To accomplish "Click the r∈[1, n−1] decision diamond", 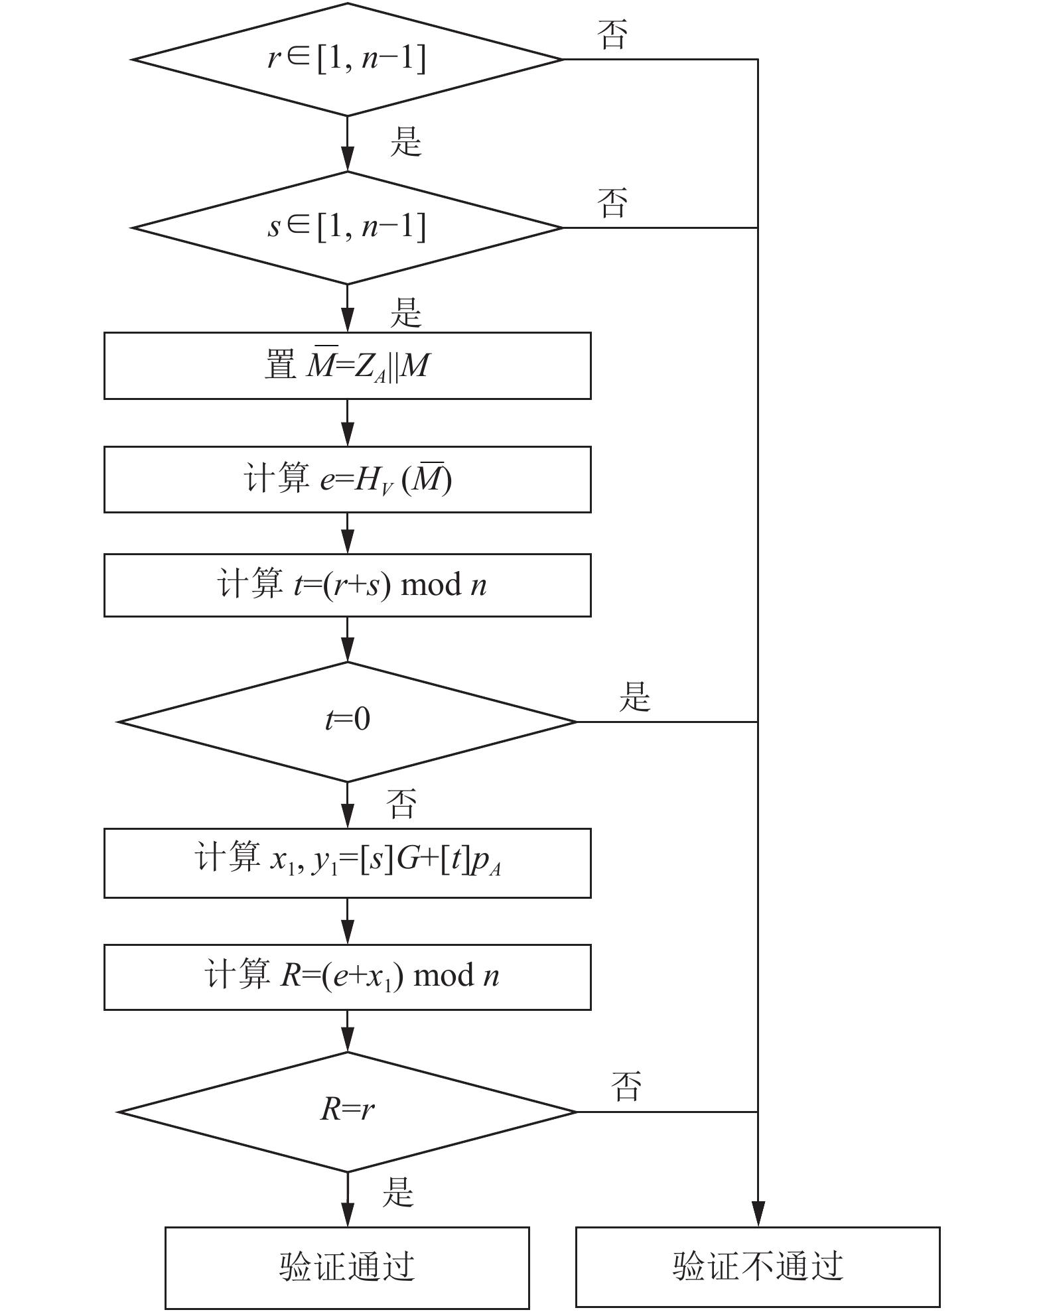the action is tap(347, 60).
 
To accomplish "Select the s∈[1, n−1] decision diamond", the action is tap(347, 228).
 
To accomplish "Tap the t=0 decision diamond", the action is tap(347, 722).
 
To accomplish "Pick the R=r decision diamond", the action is tap(347, 1112).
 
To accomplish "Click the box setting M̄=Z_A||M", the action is tap(347, 365).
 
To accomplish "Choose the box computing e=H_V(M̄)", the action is tap(347, 479).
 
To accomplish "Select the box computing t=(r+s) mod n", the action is tap(347, 585).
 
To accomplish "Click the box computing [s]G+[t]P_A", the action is tap(347, 863).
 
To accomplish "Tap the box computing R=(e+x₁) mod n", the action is tap(347, 977).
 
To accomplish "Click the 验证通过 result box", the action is tap(347, 1268).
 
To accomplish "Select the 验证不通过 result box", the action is tap(758, 1267).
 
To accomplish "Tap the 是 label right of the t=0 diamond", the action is tap(635, 696).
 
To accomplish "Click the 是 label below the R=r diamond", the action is tap(398, 1191).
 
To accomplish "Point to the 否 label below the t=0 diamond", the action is tap(402, 804).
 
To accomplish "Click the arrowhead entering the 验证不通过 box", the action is tap(758, 1214).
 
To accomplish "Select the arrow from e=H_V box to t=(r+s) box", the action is tap(347, 533).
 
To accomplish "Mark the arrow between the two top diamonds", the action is tap(347, 144).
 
